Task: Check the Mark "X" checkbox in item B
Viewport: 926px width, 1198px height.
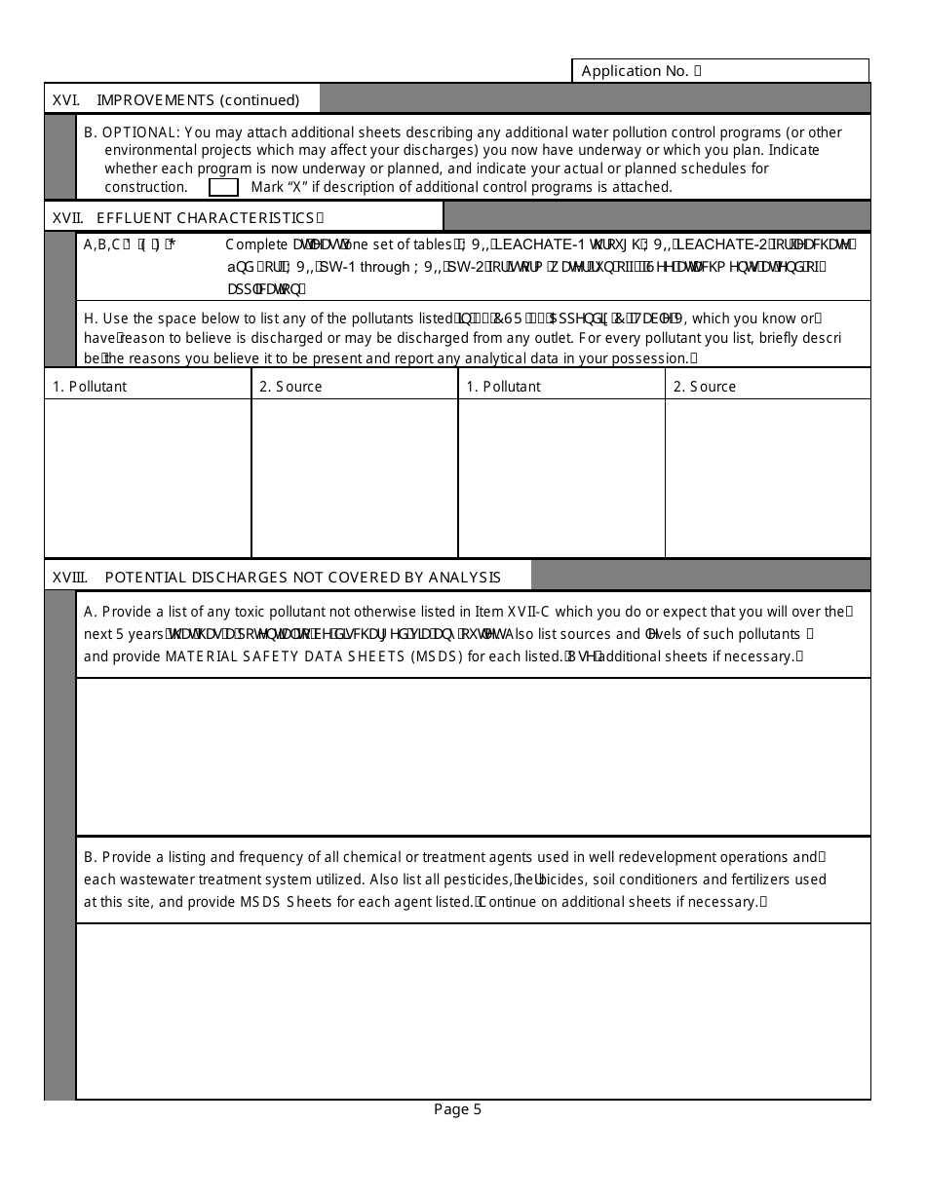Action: click(223, 187)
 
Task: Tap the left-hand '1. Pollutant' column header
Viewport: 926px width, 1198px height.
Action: click(90, 387)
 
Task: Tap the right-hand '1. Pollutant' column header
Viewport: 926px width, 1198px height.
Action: click(503, 387)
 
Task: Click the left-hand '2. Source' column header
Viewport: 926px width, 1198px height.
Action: click(290, 387)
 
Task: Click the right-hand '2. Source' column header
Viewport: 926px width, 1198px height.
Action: click(704, 387)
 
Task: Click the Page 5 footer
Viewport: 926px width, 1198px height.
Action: click(458, 1109)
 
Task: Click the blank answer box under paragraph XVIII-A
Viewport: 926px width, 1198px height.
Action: click(473, 757)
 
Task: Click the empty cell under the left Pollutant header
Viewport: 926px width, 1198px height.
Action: click(147, 477)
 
